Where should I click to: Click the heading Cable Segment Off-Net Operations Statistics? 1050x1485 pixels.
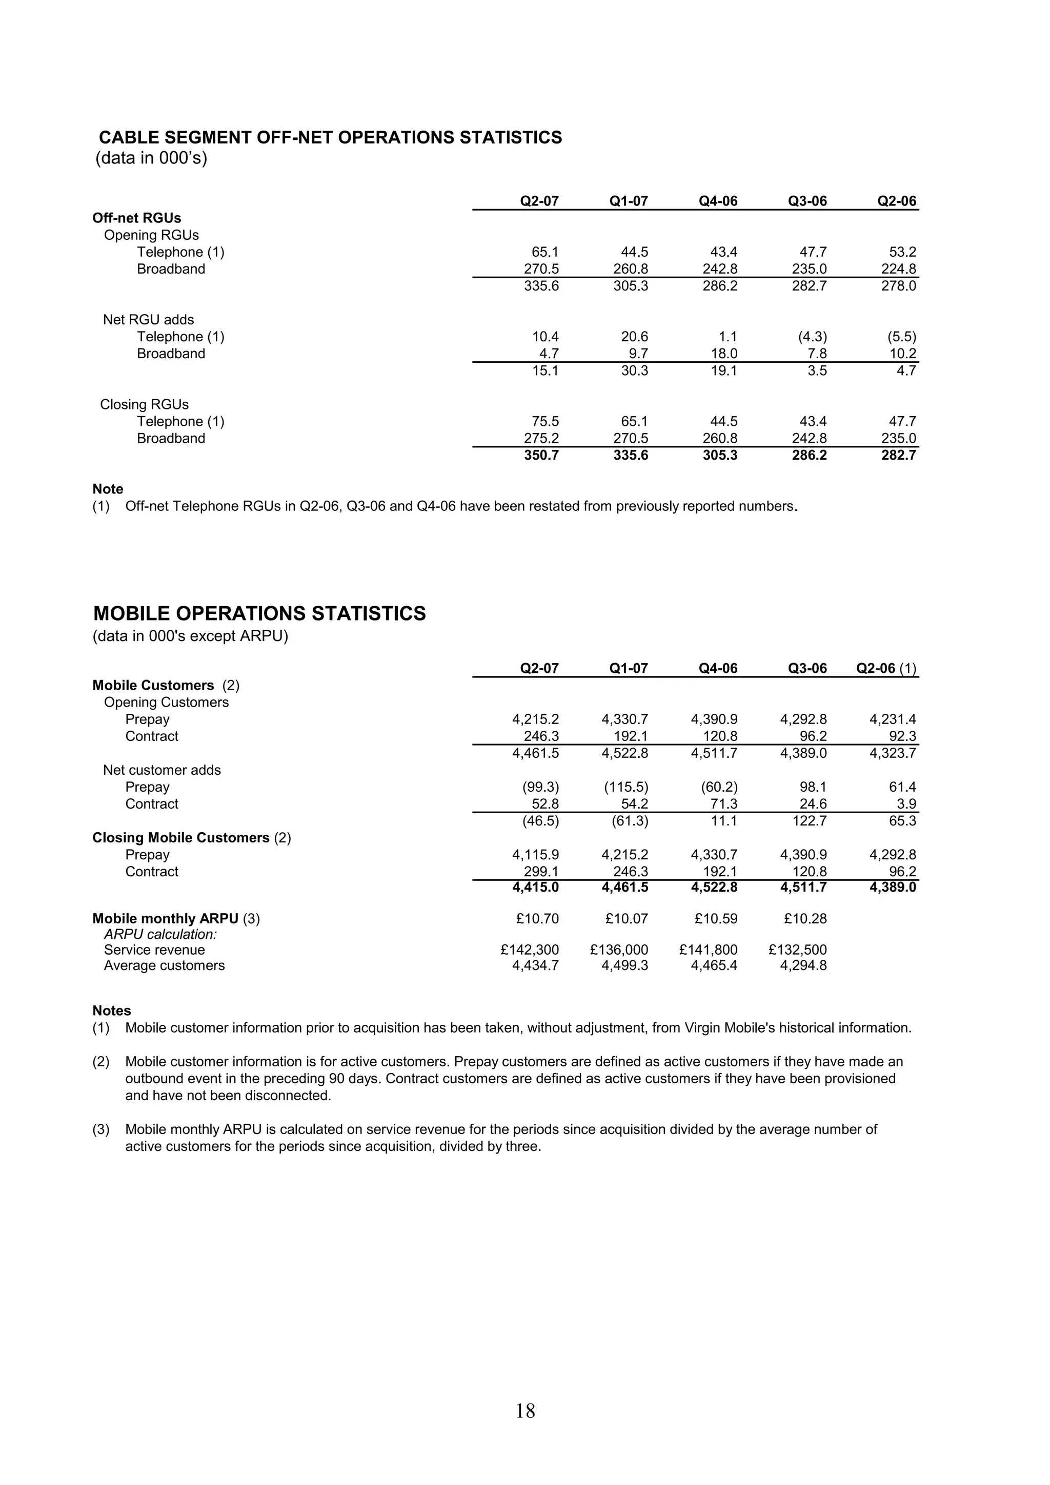pyautogui.click(x=330, y=138)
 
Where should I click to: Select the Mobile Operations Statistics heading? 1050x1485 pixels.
pyautogui.click(x=259, y=613)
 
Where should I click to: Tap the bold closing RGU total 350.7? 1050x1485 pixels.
pyautogui.click(x=541, y=456)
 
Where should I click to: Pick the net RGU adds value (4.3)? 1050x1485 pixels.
pyautogui.click(x=812, y=337)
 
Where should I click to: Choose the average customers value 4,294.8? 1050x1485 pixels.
pyautogui.click(x=803, y=965)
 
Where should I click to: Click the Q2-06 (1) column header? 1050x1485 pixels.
pyautogui.click(x=885, y=668)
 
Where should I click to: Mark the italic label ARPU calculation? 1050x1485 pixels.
pyautogui.click(x=160, y=934)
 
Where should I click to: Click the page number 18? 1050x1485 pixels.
pyautogui.click(x=526, y=1411)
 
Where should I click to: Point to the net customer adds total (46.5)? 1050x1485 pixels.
pyautogui.click(x=540, y=821)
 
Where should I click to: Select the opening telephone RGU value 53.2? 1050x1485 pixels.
pyautogui.click(x=902, y=252)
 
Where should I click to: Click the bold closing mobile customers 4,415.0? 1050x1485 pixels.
pyautogui.click(x=535, y=888)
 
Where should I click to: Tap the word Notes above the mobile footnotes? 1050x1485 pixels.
pyautogui.click(x=111, y=1011)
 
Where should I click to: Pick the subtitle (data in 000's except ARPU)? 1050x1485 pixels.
pyautogui.click(x=190, y=636)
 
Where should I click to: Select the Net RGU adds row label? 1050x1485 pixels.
pyautogui.click(x=148, y=320)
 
